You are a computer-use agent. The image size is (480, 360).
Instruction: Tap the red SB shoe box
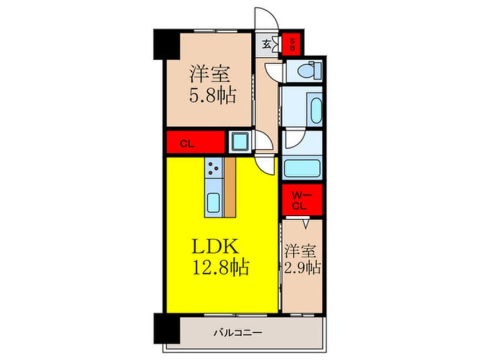[293, 44]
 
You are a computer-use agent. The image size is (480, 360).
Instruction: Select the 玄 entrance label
[266, 44]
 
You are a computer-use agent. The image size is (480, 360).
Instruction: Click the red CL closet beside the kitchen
[196, 143]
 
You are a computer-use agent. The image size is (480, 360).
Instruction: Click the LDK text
[218, 247]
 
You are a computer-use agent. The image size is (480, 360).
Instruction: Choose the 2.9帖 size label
[302, 267]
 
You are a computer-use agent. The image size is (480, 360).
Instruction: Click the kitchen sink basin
[214, 202]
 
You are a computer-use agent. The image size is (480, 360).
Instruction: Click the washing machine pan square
[239, 142]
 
